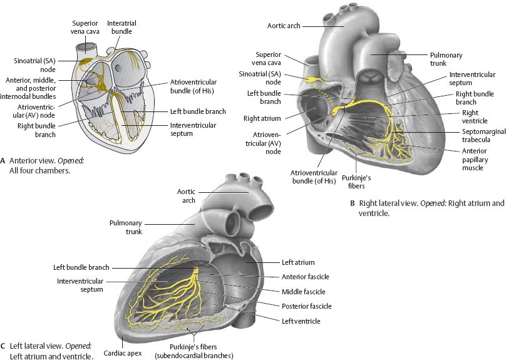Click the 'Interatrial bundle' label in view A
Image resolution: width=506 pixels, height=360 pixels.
click(121, 27)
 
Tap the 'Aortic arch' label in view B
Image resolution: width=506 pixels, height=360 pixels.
click(284, 26)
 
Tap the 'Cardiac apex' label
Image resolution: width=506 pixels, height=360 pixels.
click(122, 353)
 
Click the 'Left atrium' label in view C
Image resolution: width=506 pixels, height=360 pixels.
click(298, 262)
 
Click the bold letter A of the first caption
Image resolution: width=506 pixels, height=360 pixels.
click(4, 160)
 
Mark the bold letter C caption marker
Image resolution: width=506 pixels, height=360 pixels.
click(4, 346)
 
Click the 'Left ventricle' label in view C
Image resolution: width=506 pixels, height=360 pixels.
click(301, 321)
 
